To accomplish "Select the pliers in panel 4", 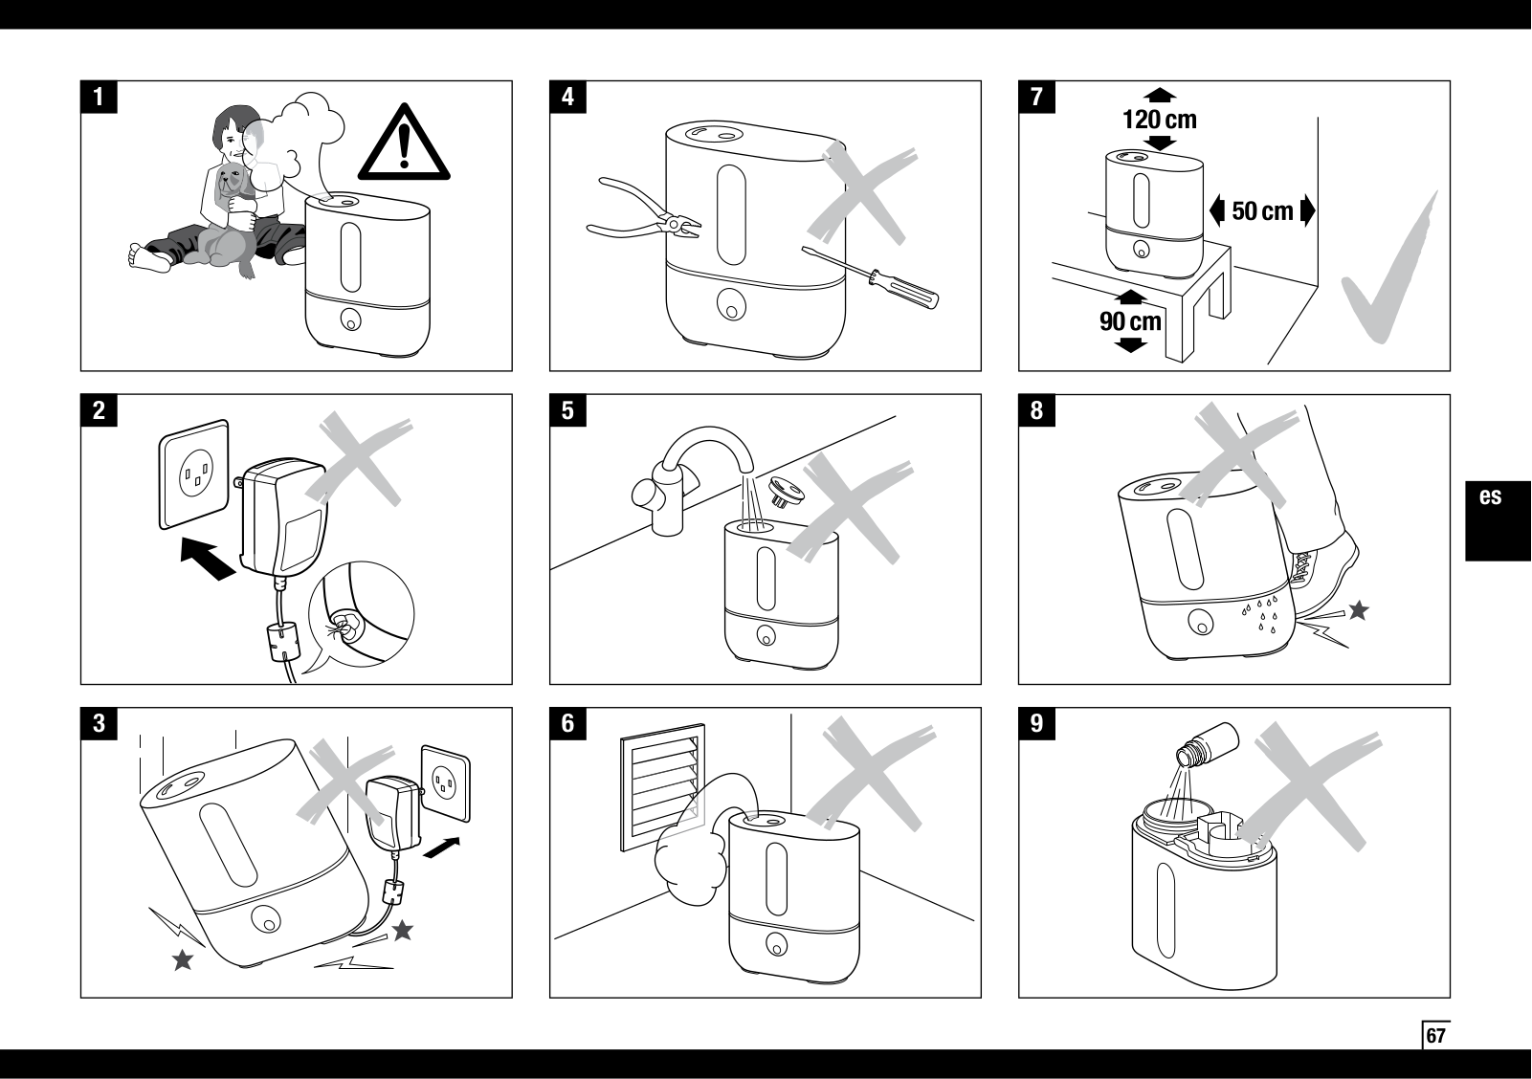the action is click(643, 212).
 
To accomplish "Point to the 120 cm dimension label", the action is click(1160, 120).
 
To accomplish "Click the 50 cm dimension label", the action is click(1262, 210).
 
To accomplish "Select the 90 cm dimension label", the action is click(1130, 321).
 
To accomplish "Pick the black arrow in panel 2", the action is click(208, 559).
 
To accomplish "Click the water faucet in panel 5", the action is click(691, 478).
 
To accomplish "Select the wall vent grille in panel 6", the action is click(662, 787).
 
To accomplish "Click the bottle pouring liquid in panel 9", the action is click(1208, 744).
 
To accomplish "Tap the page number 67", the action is click(1435, 1035).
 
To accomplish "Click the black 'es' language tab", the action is click(1498, 521).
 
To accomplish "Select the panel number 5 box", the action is click(567, 410).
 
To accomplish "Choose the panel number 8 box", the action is click(1037, 410).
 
